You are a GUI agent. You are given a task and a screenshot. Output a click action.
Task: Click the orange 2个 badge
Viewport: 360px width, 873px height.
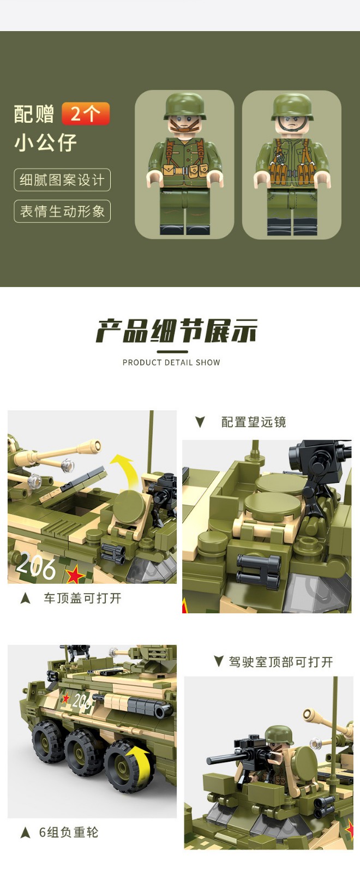tap(86, 113)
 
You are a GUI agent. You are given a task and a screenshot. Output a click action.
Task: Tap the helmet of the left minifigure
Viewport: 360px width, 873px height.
tap(184, 106)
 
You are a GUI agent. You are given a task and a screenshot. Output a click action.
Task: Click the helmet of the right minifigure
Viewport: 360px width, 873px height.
tap(292, 106)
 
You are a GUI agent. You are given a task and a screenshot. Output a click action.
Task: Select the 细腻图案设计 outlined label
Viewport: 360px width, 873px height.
tap(62, 180)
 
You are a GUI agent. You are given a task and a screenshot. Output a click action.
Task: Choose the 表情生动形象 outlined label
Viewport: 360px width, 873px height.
tap(62, 211)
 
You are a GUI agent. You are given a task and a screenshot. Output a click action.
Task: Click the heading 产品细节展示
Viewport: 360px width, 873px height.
tap(177, 331)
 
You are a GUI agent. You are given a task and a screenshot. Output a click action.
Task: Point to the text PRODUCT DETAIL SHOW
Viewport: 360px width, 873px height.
tap(171, 362)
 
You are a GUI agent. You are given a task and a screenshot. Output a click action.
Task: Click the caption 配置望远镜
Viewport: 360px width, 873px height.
tap(254, 422)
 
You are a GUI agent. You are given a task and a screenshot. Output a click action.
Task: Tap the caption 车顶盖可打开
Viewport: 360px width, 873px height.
tap(82, 598)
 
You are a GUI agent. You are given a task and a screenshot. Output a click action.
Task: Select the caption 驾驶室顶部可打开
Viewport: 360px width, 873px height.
tap(281, 662)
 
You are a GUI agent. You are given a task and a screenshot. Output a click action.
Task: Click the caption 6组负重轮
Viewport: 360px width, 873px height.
tap(69, 832)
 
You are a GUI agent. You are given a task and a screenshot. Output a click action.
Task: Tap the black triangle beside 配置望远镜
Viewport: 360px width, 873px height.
tap(200, 422)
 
